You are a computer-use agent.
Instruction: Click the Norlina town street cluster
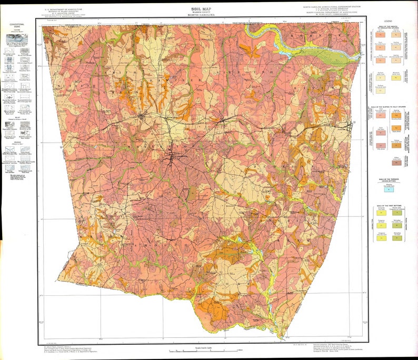tap(142, 117)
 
